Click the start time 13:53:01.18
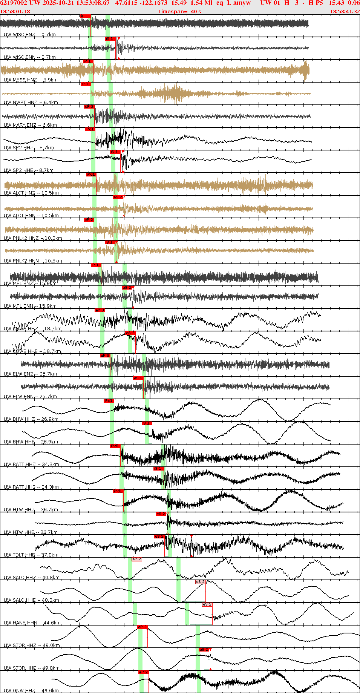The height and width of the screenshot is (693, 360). [x=15, y=12]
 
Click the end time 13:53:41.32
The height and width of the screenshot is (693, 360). [x=345, y=12]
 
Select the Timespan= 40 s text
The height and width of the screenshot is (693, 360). [x=179, y=12]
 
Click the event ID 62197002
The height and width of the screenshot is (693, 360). [x=13, y=3]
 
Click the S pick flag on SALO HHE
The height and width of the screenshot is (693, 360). [x=200, y=582]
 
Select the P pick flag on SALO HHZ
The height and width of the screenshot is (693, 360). [x=136, y=559]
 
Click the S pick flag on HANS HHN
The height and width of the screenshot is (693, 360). [x=207, y=604]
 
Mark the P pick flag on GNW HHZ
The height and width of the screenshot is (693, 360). [x=143, y=672]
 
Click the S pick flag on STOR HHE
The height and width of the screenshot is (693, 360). [x=204, y=650]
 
